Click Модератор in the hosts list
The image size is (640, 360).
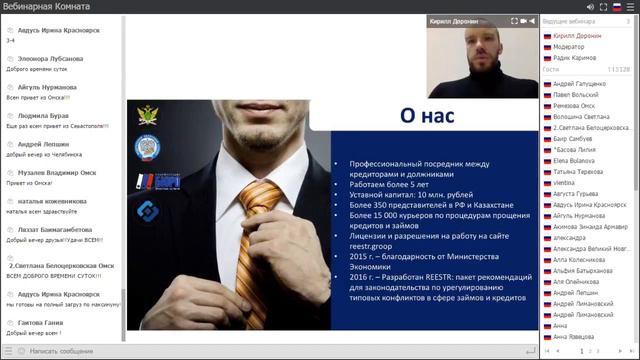(x=570, y=47)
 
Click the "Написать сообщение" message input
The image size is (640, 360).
(x=60, y=351)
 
